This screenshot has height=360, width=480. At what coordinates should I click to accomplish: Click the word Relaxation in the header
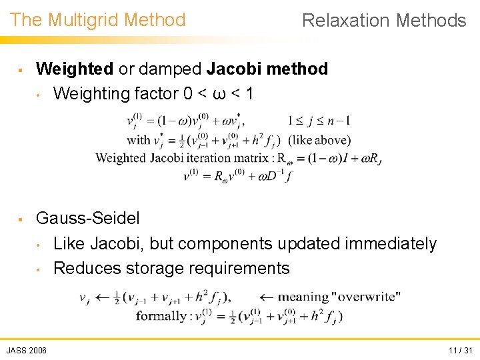tap(346, 21)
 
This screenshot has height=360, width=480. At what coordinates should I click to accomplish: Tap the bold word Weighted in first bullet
tap(75, 69)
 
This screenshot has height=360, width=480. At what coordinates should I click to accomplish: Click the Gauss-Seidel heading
tap(87, 219)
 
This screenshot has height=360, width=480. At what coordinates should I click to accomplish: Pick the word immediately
tap(390, 244)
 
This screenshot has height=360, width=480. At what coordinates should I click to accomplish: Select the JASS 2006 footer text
tap(27, 351)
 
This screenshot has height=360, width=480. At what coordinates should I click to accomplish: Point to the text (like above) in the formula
tap(319, 140)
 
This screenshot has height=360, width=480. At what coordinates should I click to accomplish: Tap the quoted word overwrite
tap(369, 297)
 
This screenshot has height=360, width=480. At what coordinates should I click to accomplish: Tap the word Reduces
tap(85, 269)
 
